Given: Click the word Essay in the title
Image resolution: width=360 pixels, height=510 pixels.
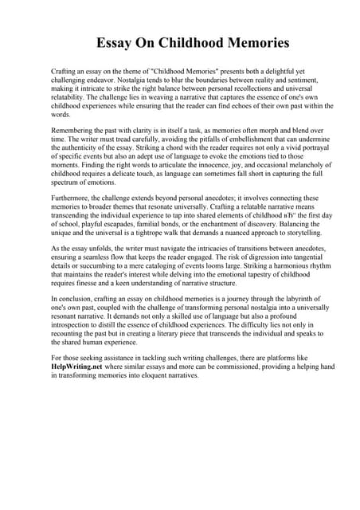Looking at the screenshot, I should tap(117, 42).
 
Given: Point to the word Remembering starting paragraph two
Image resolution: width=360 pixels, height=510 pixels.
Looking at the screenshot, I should tap(76, 129).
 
